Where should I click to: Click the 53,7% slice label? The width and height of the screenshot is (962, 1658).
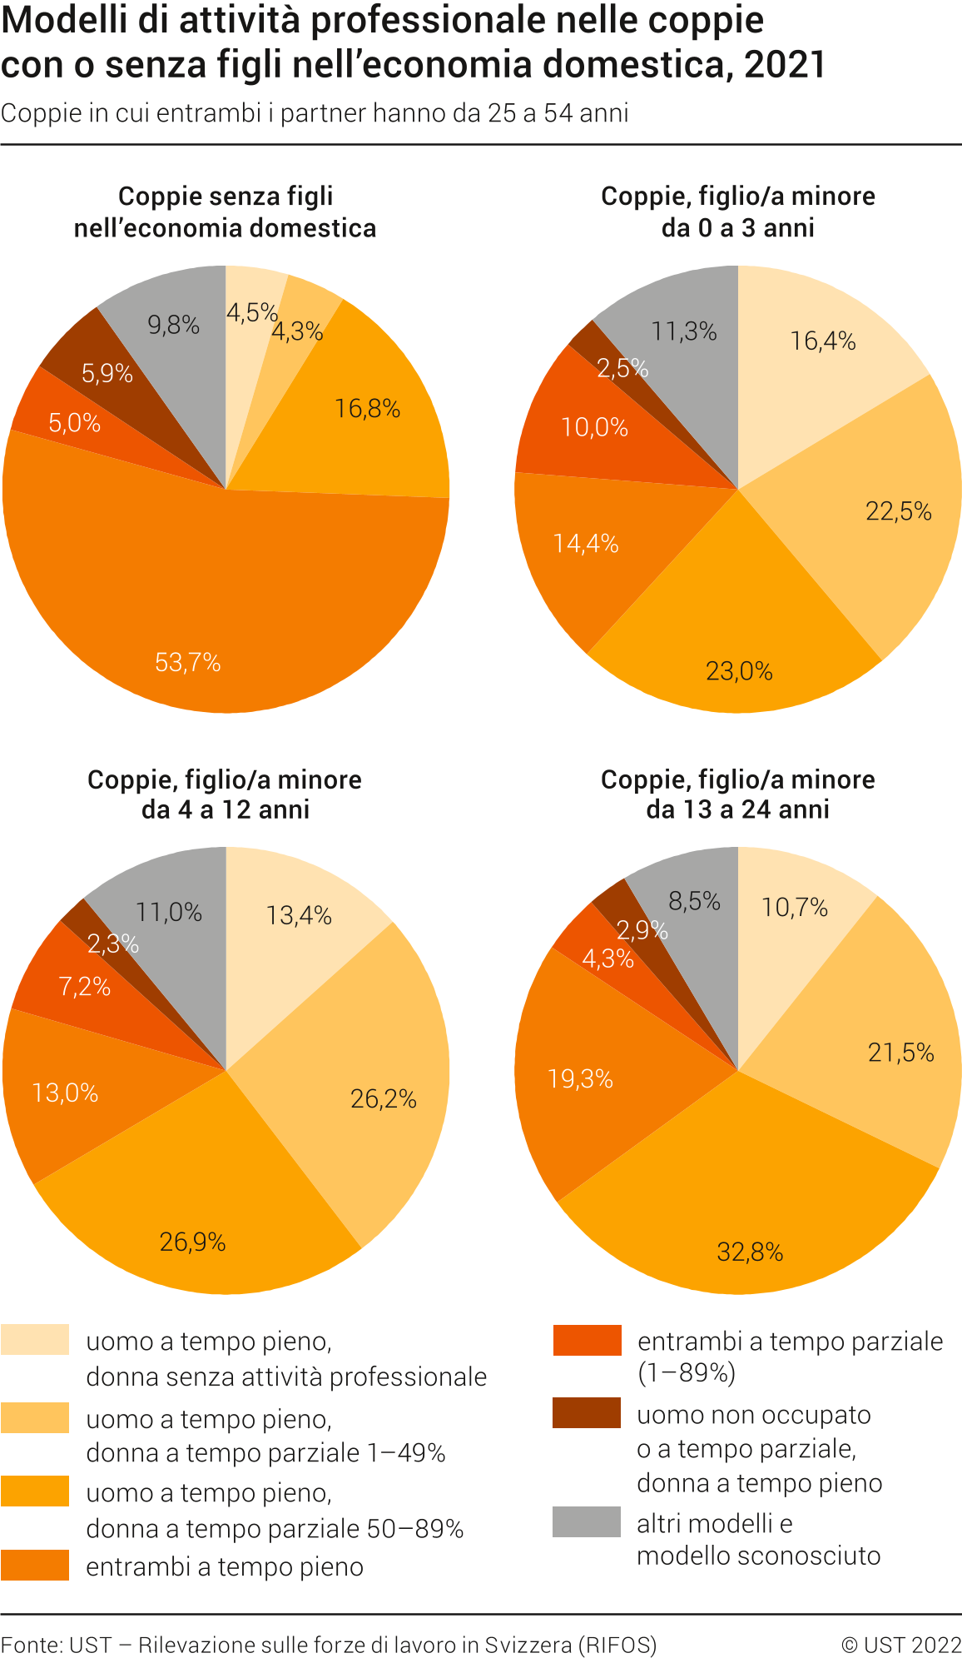[x=188, y=663]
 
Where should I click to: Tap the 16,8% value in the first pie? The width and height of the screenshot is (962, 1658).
[x=368, y=409]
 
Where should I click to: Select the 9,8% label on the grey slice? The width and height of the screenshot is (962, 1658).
[x=174, y=325]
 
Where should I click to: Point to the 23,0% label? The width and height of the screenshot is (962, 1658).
[x=739, y=671]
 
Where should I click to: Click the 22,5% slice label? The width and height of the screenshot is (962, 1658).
[x=899, y=511]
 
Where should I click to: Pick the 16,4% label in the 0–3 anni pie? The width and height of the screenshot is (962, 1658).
[x=823, y=341]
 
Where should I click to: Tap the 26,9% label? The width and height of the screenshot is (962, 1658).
[x=193, y=1242]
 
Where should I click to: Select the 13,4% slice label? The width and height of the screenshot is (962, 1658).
[x=299, y=916]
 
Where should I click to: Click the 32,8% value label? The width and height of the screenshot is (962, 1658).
[x=750, y=1252]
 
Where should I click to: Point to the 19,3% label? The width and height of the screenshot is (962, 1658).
[x=580, y=1080]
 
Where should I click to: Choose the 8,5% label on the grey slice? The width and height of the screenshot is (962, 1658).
[x=694, y=901]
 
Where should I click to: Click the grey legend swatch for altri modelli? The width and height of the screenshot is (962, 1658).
[x=587, y=1521]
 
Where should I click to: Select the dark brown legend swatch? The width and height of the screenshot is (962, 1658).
[x=587, y=1413]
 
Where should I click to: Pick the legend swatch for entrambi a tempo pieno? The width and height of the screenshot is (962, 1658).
[x=35, y=1565]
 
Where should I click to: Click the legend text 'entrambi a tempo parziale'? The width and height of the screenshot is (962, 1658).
[x=790, y=1342]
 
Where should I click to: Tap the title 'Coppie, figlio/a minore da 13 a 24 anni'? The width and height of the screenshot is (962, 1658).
[x=738, y=794]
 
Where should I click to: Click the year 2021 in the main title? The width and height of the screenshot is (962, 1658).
[x=785, y=65]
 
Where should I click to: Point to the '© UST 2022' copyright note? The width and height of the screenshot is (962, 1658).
[x=901, y=1645]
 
